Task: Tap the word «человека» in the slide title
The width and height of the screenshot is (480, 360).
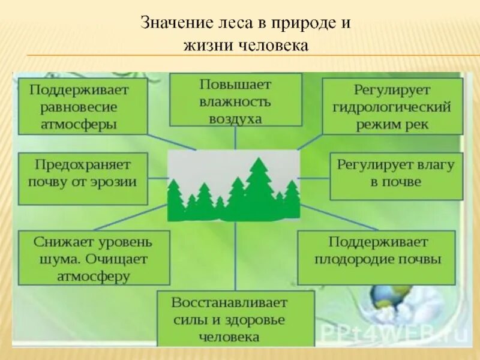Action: [278, 46]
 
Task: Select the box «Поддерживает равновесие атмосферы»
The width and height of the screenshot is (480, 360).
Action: [83, 106]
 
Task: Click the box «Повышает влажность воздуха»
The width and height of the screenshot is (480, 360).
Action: [235, 100]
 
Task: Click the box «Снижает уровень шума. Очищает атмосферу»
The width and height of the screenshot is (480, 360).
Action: [94, 258]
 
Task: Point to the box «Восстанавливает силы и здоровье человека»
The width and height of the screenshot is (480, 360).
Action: [235, 319]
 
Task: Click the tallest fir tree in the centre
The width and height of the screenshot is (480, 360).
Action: [259, 189]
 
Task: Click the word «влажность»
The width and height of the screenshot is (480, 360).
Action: [235, 101]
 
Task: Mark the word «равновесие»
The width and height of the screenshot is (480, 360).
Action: [79, 107]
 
